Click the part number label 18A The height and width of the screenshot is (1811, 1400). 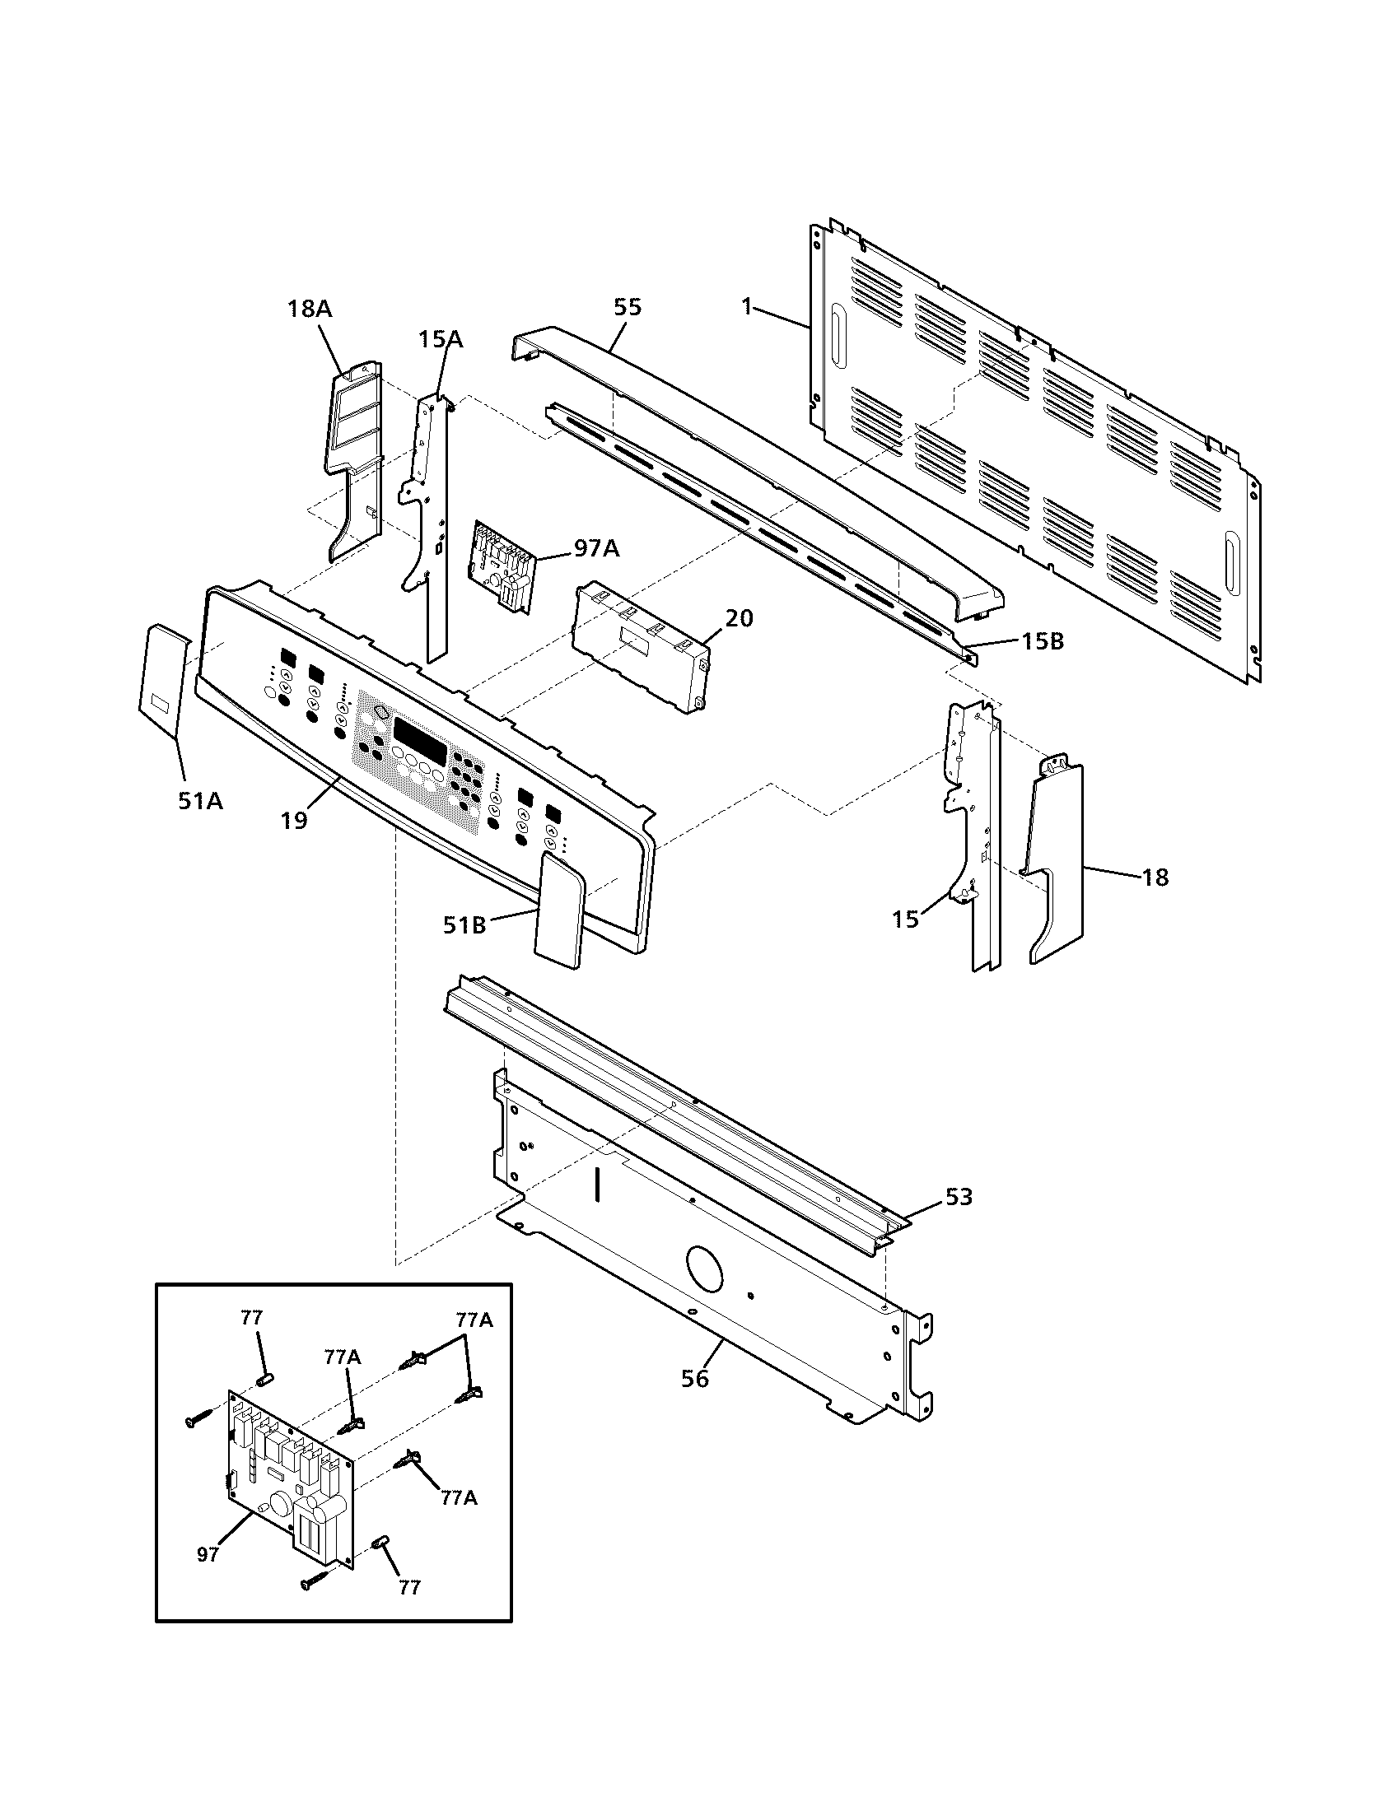(x=309, y=310)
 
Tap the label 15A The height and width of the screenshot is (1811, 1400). (x=440, y=339)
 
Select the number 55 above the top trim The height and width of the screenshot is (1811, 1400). (x=627, y=307)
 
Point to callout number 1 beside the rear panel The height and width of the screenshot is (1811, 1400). (x=746, y=307)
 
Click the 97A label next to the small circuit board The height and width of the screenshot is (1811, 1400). (x=596, y=548)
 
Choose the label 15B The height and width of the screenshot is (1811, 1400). (x=1042, y=641)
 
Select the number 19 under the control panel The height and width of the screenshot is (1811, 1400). (x=294, y=820)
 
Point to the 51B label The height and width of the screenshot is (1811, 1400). (x=464, y=924)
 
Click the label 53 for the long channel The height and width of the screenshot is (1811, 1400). (x=959, y=1198)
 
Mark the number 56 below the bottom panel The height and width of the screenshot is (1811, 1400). (x=695, y=1379)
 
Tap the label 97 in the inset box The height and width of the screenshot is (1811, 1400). (x=208, y=1555)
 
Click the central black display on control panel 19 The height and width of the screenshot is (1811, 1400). (x=420, y=733)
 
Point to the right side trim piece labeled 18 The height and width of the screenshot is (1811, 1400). (x=1055, y=863)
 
